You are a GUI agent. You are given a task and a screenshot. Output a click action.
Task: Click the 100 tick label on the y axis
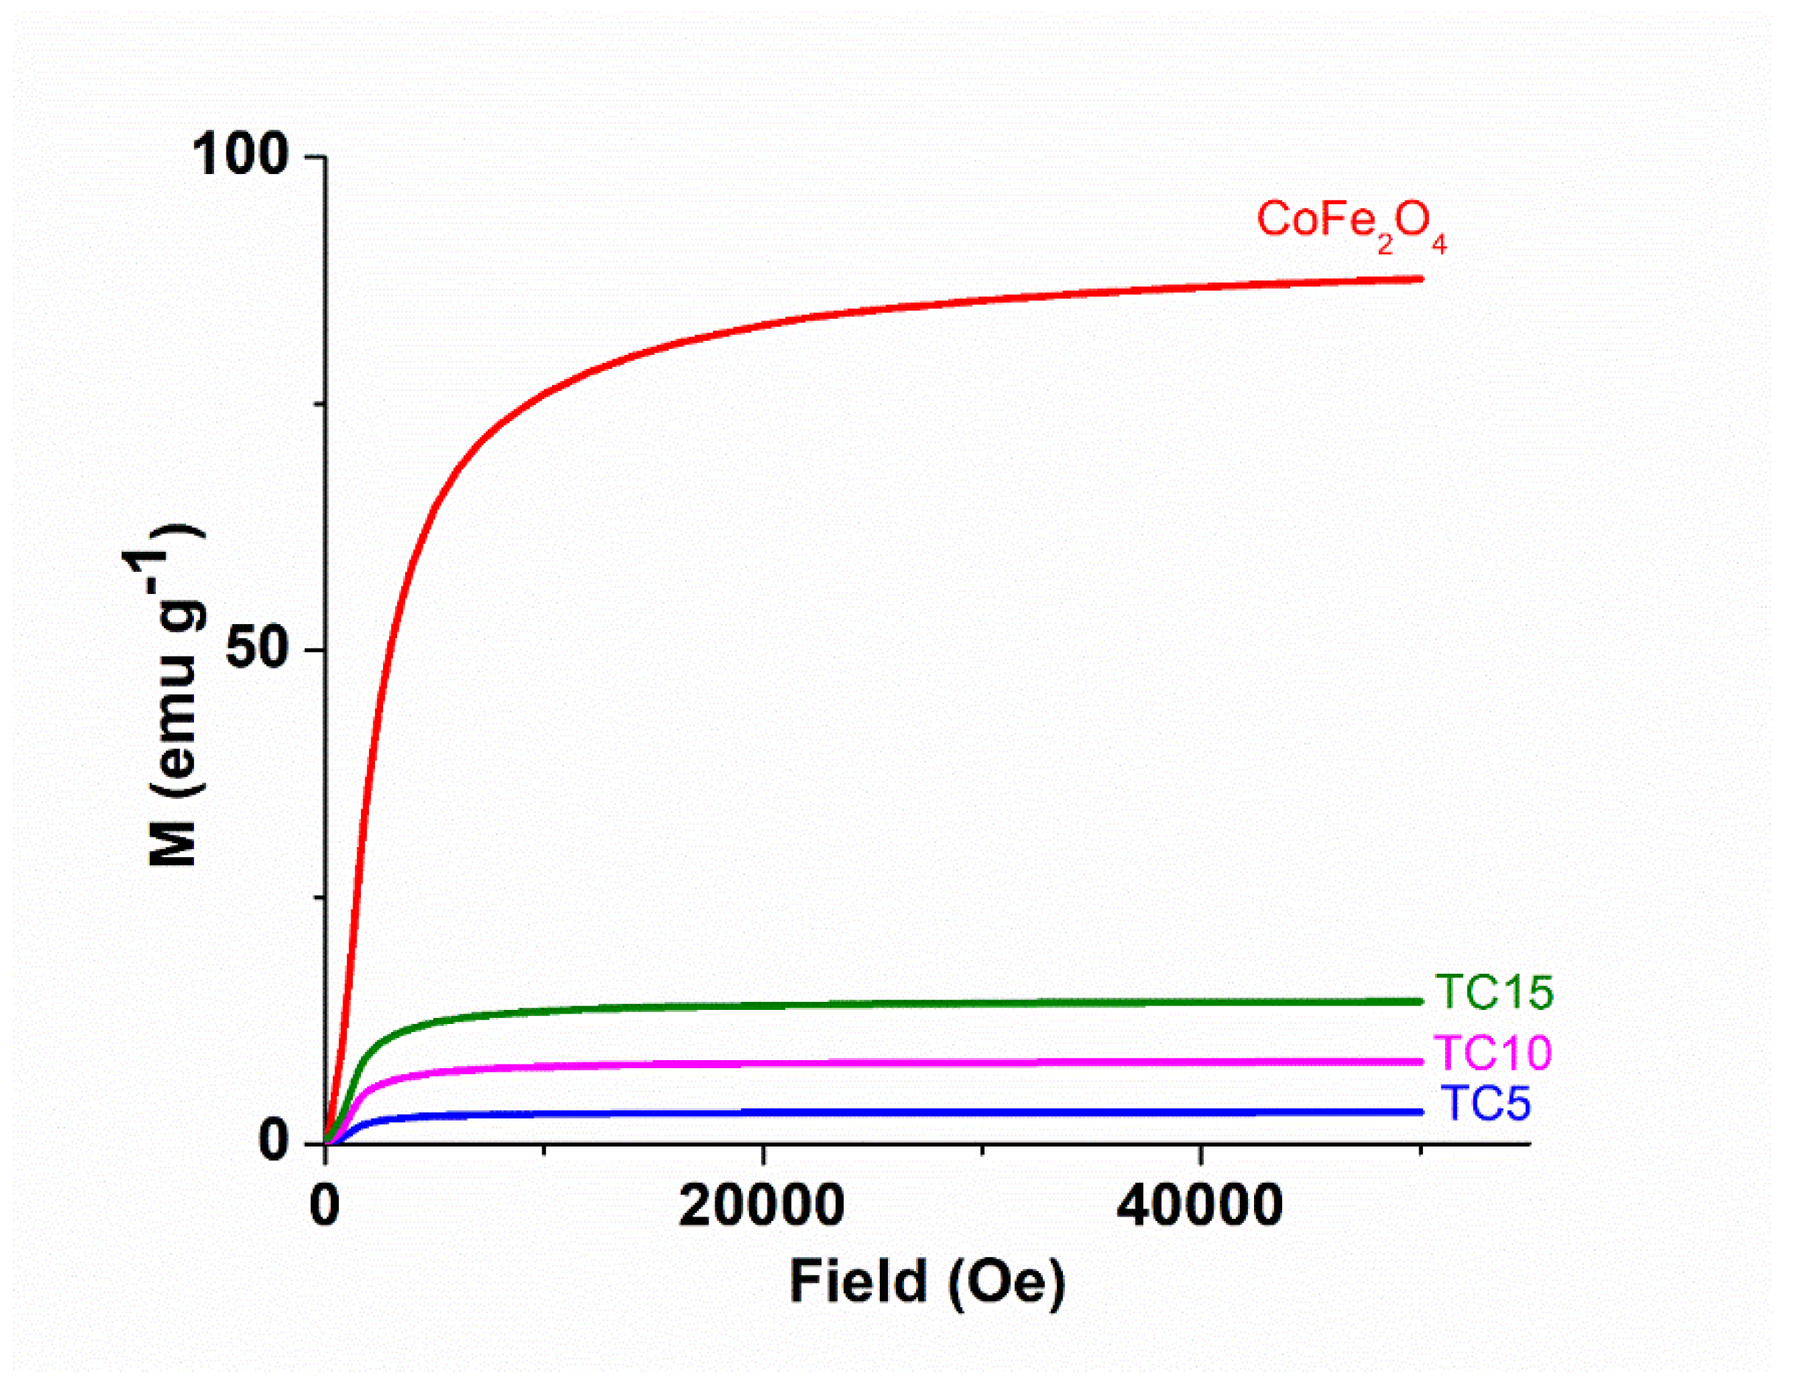[240, 154]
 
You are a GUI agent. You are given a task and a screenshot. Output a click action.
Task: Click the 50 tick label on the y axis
[258, 649]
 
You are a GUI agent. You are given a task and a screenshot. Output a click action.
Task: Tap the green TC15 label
[1493, 992]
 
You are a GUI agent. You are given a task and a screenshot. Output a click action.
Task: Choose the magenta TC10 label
[1492, 1053]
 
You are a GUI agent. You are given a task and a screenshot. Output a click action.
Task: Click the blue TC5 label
[1485, 1104]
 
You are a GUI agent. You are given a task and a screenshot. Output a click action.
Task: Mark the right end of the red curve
[1419, 280]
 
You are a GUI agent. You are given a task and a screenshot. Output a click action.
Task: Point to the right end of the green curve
[1419, 1001]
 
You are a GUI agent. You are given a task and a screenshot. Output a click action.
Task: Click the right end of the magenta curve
[1419, 1062]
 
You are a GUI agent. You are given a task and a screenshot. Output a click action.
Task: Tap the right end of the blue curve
[1419, 1112]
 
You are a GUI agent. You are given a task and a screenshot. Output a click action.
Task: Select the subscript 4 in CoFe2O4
[1439, 243]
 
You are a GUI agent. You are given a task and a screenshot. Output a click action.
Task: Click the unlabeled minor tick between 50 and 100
[320, 404]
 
